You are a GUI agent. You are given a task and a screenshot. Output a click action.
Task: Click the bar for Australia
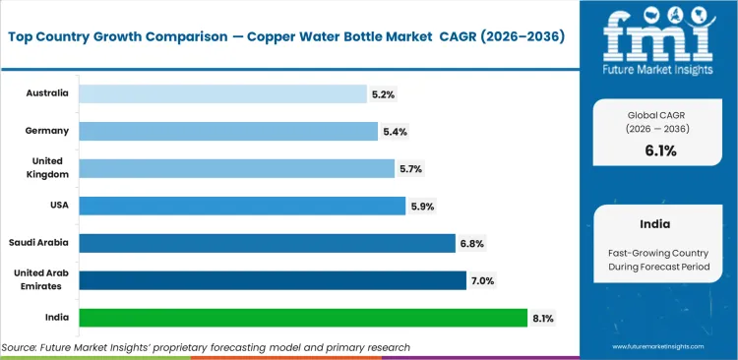[x=222, y=93]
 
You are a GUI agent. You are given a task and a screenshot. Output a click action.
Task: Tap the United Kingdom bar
[x=236, y=168]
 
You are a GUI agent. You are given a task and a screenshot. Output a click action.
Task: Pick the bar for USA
[x=242, y=206]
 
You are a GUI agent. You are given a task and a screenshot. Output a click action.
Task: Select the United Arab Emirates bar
[x=273, y=280]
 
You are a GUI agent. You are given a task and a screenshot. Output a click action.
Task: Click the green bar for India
[x=303, y=318]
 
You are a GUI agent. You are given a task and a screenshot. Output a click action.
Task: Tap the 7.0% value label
[x=481, y=281]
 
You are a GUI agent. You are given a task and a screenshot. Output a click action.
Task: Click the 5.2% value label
[x=382, y=94]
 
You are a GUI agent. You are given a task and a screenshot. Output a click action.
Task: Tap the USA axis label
[x=58, y=206]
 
